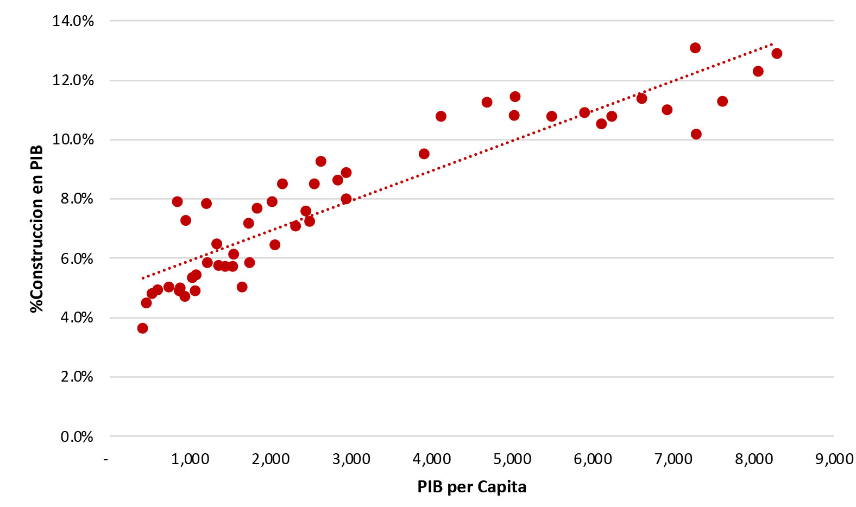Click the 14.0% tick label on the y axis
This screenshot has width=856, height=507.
pyautogui.click(x=73, y=21)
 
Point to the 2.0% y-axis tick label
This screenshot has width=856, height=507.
pyautogui.click(x=77, y=377)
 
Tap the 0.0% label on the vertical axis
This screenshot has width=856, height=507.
pyautogui.click(x=77, y=436)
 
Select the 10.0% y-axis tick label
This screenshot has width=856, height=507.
pyautogui.click(x=73, y=140)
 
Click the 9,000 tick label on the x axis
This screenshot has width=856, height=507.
pyautogui.click(x=834, y=459)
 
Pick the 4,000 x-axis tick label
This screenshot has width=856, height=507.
pyautogui.click(x=431, y=459)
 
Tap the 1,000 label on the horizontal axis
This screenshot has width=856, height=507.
pyautogui.click(x=190, y=459)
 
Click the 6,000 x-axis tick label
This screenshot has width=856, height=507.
pyautogui.click(x=593, y=459)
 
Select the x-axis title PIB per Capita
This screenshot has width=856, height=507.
pyautogui.click(x=471, y=487)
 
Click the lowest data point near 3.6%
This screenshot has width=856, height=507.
pyautogui.click(x=142, y=328)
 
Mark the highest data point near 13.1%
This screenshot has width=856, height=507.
pyautogui.click(x=695, y=48)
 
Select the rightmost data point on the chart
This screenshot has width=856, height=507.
pyautogui.click(x=777, y=53)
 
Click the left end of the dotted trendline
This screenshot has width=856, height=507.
pyautogui.click(x=142, y=278)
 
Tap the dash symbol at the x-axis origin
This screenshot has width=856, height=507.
pyautogui.click(x=106, y=460)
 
